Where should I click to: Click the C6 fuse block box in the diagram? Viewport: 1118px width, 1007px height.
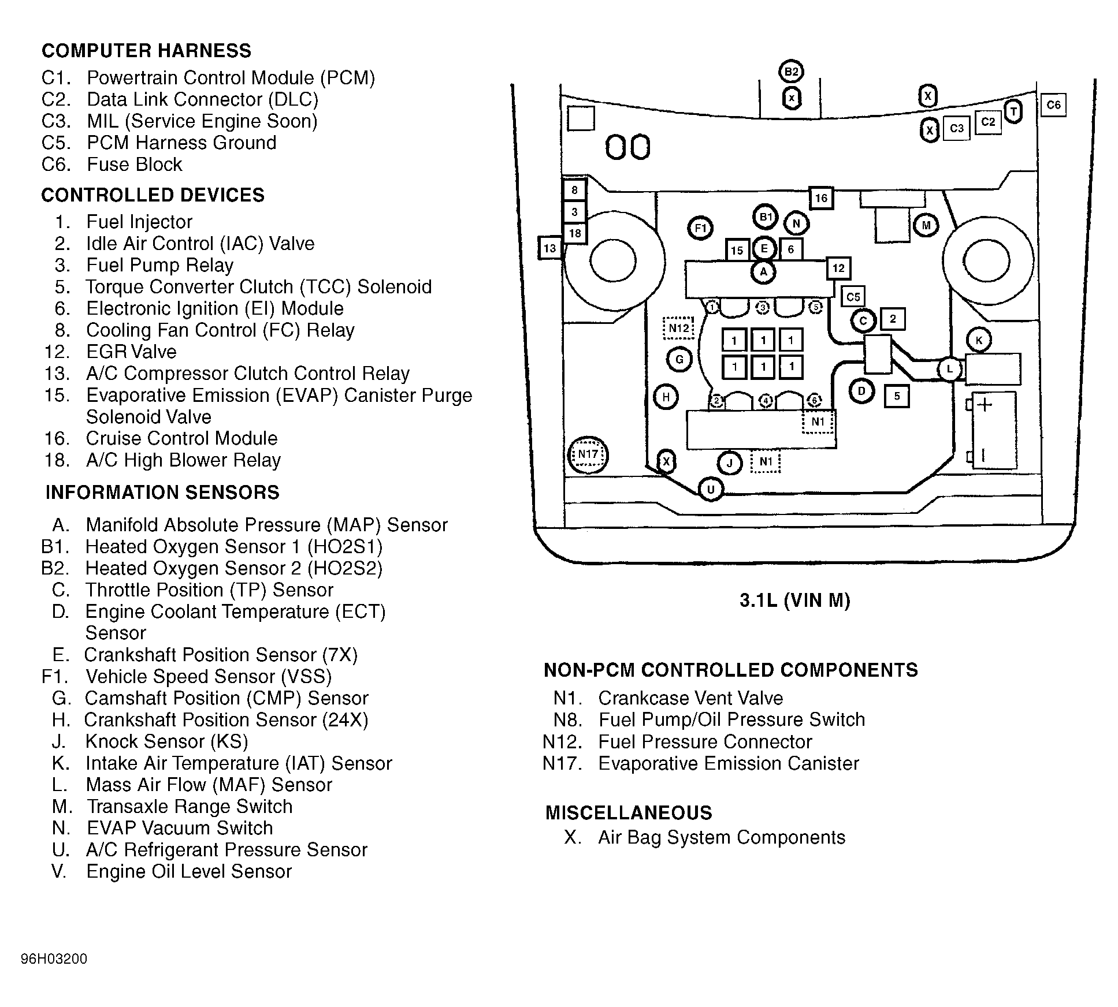pyautogui.click(x=1053, y=105)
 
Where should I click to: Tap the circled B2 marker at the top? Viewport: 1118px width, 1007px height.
pyautogui.click(x=791, y=72)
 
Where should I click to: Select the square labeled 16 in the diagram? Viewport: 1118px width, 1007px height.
pyautogui.click(x=821, y=199)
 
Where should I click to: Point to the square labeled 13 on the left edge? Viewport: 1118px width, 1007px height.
pyautogui.click(x=549, y=248)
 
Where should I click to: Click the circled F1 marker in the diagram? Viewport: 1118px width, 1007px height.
pyautogui.click(x=700, y=228)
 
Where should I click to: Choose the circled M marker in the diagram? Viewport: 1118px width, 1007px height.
pyautogui.click(x=926, y=226)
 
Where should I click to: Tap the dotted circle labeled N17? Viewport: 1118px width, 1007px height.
pyautogui.click(x=588, y=454)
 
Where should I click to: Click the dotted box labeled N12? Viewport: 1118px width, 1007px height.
pyautogui.click(x=678, y=329)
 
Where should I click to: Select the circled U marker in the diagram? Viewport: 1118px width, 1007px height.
pyautogui.click(x=710, y=490)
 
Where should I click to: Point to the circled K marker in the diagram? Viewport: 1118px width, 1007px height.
pyautogui.click(x=979, y=341)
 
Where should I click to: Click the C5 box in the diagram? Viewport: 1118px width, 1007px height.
pyautogui.click(x=853, y=297)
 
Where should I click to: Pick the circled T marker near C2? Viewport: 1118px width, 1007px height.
pyautogui.click(x=1013, y=112)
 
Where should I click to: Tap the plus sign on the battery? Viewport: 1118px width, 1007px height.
pyautogui.click(x=985, y=405)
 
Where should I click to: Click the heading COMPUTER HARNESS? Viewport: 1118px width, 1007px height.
pyautogui.click(x=146, y=51)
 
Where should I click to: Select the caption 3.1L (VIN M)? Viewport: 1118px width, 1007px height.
pyautogui.click(x=794, y=601)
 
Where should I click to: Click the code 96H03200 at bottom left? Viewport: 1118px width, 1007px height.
pyautogui.click(x=54, y=959)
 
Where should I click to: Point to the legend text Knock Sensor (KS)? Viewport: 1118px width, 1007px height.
pyautogui.click(x=166, y=741)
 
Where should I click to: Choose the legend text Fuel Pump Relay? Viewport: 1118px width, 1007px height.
pyautogui.click(x=159, y=265)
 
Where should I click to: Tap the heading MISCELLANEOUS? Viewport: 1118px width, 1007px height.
pyautogui.click(x=629, y=813)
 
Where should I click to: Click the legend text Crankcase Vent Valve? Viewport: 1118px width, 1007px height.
pyautogui.click(x=690, y=698)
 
